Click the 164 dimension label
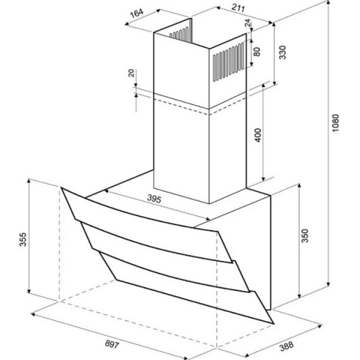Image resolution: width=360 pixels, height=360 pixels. pyautogui.click(x=137, y=13)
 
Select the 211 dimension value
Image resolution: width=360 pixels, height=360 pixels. pyautogui.click(x=238, y=8)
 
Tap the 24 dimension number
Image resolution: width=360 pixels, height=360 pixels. pyautogui.click(x=247, y=23)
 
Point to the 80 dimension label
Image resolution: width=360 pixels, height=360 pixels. pyautogui.click(x=257, y=52)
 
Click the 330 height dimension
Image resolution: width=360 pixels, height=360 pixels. pyautogui.click(x=283, y=52)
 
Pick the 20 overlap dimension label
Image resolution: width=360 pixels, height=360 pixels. pyautogui.click(x=131, y=73)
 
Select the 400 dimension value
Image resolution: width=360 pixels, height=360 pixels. pyautogui.click(x=258, y=135)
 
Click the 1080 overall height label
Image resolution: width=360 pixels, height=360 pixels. pyautogui.click(x=335, y=123)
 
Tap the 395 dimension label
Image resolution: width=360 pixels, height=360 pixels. pyautogui.click(x=154, y=199)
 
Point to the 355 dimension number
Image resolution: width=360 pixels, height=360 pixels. pyautogui.click(x=23, y=239)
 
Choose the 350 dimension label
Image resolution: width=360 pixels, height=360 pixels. pyautogui.click(x=305, y=236)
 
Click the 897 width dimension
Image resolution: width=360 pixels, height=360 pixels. pyautogui.click(x=112, y=344)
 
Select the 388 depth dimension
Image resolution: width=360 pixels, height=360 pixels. pyautogui.click(x=287, y=347)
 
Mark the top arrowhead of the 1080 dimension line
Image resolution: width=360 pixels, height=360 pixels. pyautogui.click(x=329, y=3)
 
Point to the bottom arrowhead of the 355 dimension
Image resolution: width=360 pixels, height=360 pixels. pyautogui.click(x=29, y=290)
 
